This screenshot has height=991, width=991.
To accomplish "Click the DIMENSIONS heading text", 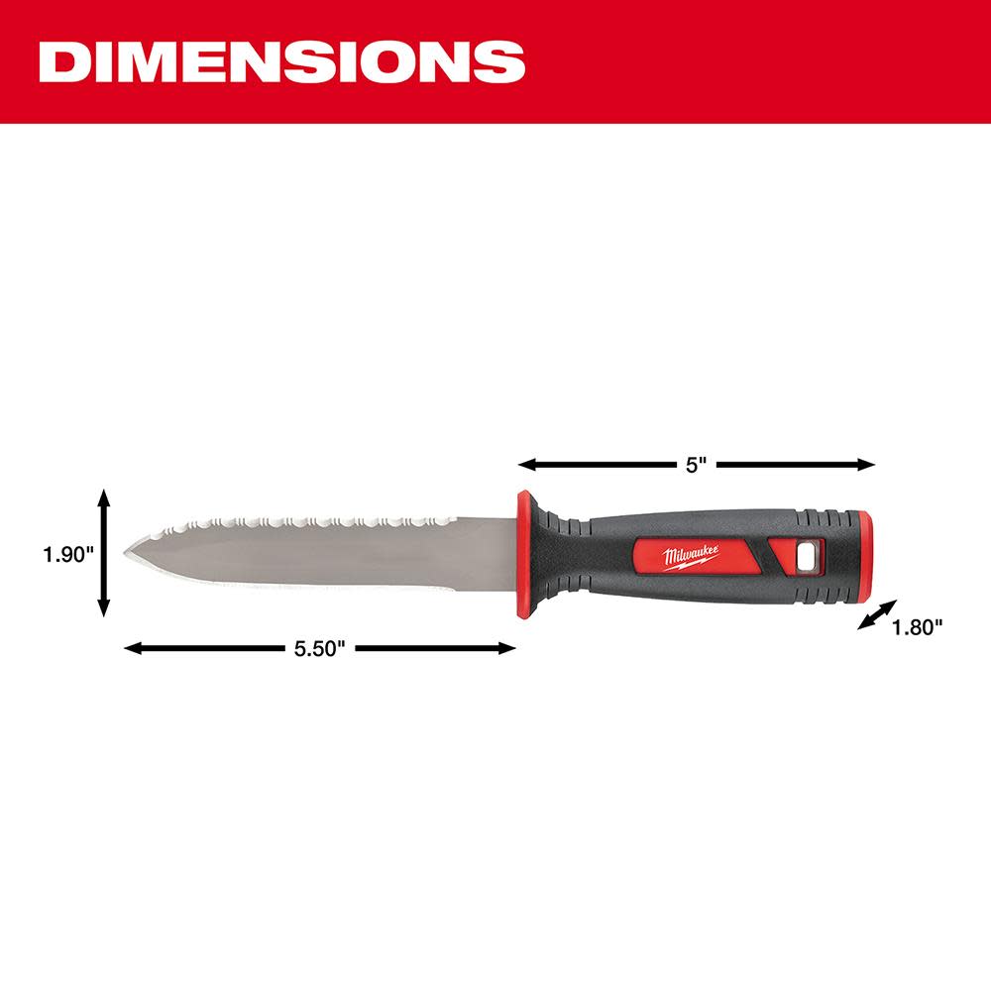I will click(281, 61).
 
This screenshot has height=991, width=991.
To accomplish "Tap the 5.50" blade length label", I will click(318, 649).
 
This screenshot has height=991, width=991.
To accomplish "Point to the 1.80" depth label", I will click(917, 626).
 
